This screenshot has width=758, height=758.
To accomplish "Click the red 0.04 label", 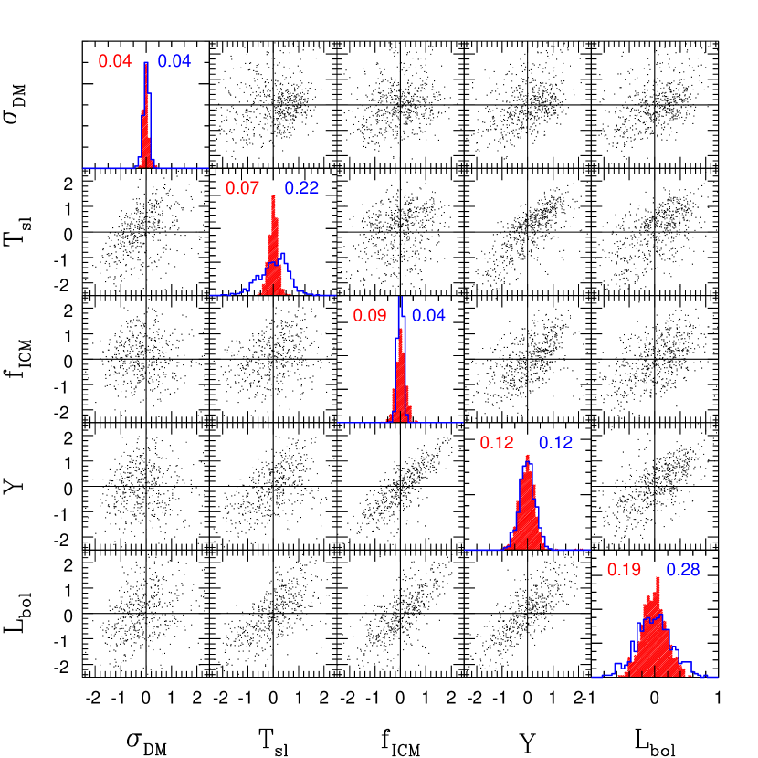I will (x=115, y=61).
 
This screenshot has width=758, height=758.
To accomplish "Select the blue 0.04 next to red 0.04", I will (x=174, y=61).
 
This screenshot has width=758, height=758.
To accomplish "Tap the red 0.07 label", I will (x=242, y=188).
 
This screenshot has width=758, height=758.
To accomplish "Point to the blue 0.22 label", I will (x=301, y=188).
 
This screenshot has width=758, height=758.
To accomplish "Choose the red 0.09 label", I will (x=370, y=315).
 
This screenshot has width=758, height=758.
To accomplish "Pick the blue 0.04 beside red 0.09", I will (x=428, y=315).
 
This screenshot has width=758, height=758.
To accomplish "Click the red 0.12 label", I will (x=497, y=443).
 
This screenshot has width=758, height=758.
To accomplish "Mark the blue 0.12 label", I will (x=555, y=443).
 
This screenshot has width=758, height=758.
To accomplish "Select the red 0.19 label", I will (x=624, y=570).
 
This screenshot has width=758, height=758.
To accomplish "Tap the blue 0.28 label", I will (x=683, y=570).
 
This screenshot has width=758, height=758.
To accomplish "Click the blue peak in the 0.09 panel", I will (x=400, y=301).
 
